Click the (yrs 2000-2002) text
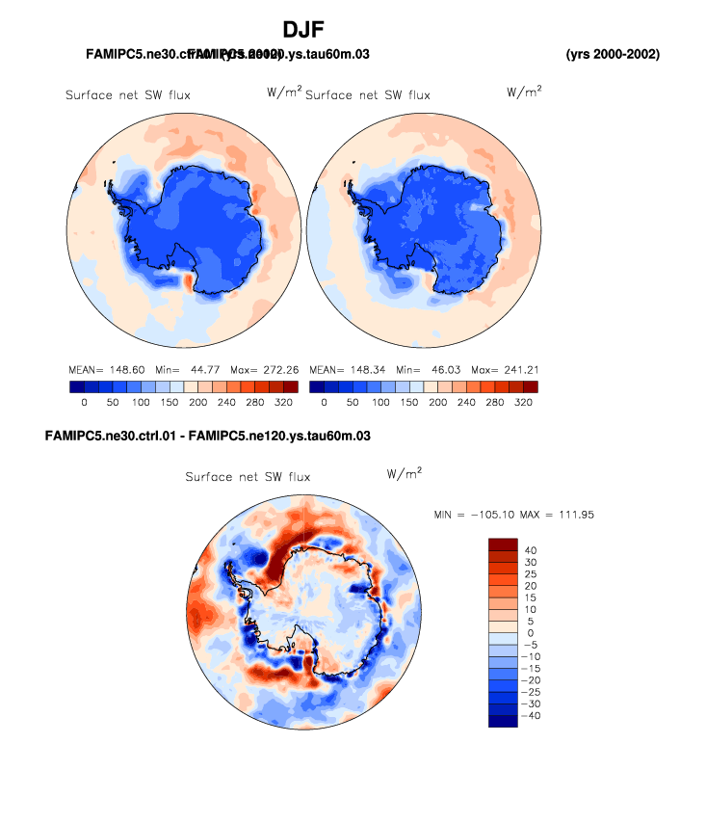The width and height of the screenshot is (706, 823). coord(613,54)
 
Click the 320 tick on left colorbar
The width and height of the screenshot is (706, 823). coord(283,401)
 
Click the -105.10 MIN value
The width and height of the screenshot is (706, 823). coord(489,515)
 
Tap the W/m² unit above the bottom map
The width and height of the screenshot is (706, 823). coord(404,474)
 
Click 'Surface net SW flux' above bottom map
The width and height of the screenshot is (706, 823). coord(248,477)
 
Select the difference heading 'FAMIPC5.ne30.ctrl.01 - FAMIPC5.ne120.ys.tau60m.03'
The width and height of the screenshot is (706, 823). coord(208,437)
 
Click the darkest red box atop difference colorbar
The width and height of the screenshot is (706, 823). coord(504,545)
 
